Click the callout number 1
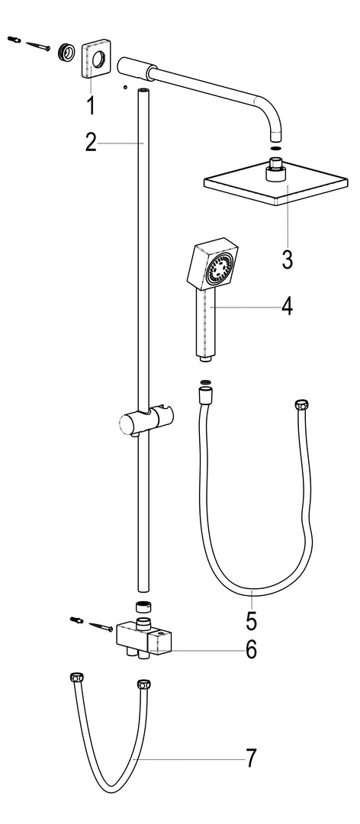click(x=91, y=105)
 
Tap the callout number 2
click(x=91, y=143)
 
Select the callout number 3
click(x=287, y=259)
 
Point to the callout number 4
click(x=287, y=306)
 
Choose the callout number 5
click(x=252, y=620)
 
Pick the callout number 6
click(x=252, y=649)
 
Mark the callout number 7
click(x=252, y=758)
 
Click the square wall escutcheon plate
click(x=96, y=59)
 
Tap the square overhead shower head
click(x=275, y=182)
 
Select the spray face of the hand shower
click(x=219, y=268)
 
